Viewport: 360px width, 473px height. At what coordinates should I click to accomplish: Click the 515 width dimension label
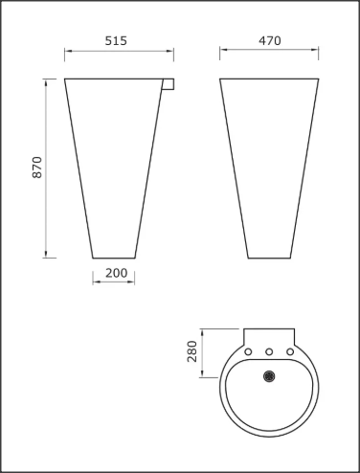click(116, 41)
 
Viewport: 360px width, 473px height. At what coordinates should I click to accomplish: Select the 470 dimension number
click(270, 41)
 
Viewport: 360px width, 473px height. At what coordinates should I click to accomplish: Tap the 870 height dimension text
click(37, 168)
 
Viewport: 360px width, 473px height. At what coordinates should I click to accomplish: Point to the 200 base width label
click(116, 273)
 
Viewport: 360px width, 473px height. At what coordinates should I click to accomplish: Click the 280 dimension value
click(191, 351)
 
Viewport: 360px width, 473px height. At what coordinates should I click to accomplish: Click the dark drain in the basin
click(269, 376)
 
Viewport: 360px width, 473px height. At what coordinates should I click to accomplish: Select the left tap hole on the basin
click(248, 351)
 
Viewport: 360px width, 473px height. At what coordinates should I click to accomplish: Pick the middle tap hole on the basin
click(269, 351)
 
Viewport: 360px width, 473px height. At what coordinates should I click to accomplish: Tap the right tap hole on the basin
click(290, 351)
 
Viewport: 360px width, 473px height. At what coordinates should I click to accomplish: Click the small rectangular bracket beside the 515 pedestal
click(169, 84)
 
